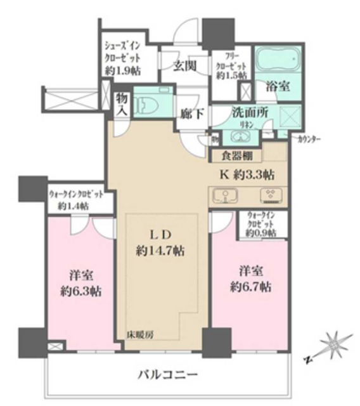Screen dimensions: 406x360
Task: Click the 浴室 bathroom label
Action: point(278,87)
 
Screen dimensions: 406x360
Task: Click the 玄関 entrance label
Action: point(184,66)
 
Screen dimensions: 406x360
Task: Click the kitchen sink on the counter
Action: point(225,195)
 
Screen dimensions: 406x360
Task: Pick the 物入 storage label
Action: point(121,105)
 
